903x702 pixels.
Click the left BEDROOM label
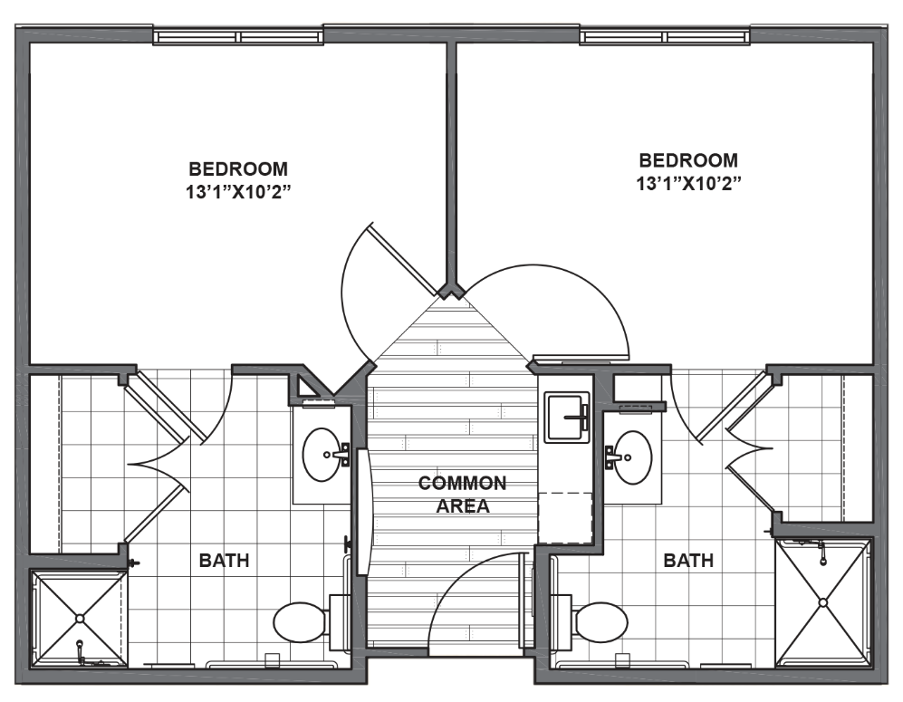pyautogui.click(x=238, y=168)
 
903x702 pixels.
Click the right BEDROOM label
pyautogui.click(x=688, y=160)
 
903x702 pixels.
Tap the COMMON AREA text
pyautogui.click(x=463, y=494)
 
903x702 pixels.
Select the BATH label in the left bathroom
pyautogui.click(x=224, y=560)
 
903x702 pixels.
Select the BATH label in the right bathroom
pyautogui.click(x=688, y=560)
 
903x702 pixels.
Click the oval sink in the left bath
pyautogui.click(x=322, y=455)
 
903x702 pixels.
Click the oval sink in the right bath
pyautogui.click(x=633, y=457)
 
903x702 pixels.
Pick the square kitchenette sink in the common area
pyautogui.click(x=567, y=418)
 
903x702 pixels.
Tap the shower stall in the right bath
pyautogui.click(x=823, y=602)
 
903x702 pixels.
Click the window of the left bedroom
pyautogui.click(x=238, y=37)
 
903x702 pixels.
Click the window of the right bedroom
pyautogui.click(x=665, y=37)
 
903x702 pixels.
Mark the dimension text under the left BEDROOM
pyautogui.click(x=237, y=192)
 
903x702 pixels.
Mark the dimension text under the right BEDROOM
pyautogui.click(x=688, y=183)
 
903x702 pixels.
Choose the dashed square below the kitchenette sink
pyautogui.click(x=565, y=518)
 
